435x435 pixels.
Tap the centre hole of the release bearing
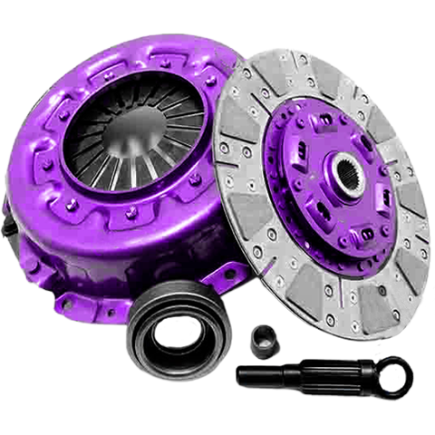pyautogui.click(x=162, y=336)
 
